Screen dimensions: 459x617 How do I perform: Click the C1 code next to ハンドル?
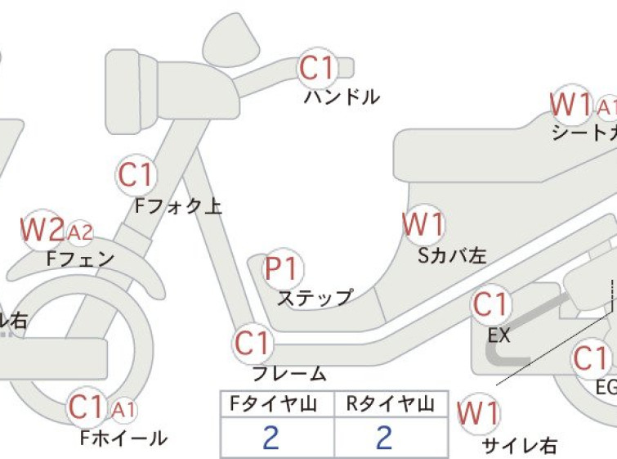[317, 69]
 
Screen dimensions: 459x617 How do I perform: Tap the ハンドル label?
[342, 97]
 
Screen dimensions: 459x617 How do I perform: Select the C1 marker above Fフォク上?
[136, 176]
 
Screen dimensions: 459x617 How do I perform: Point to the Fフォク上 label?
[178, 206]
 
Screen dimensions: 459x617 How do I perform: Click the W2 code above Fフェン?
[42, 231]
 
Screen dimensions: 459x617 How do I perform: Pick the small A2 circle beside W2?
[80, 233]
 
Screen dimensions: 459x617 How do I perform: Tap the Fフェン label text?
[81, 259]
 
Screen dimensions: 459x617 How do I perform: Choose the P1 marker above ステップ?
[283, 269]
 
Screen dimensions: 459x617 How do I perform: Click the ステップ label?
[315, 297]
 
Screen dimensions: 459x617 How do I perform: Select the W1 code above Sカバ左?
[423, 224]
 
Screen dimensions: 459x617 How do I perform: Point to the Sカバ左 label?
[452, 255]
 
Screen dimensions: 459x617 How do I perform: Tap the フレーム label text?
[289, 374]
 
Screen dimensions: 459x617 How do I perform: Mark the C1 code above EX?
[490, 305]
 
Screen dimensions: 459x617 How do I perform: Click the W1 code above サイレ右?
[478, 413]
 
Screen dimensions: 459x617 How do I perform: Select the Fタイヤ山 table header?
[270, 403]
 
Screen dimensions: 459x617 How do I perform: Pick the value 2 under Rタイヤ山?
[384, 439]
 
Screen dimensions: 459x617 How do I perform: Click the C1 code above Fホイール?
[88, 407]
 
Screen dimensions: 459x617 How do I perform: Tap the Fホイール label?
[123, 438]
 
